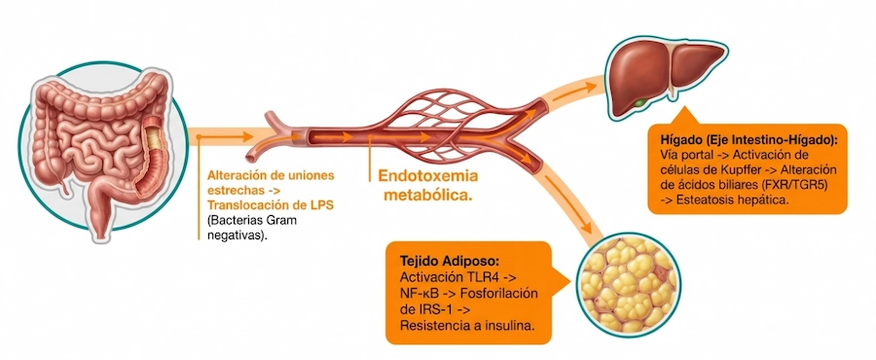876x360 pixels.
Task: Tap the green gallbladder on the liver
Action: [639, 100]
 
